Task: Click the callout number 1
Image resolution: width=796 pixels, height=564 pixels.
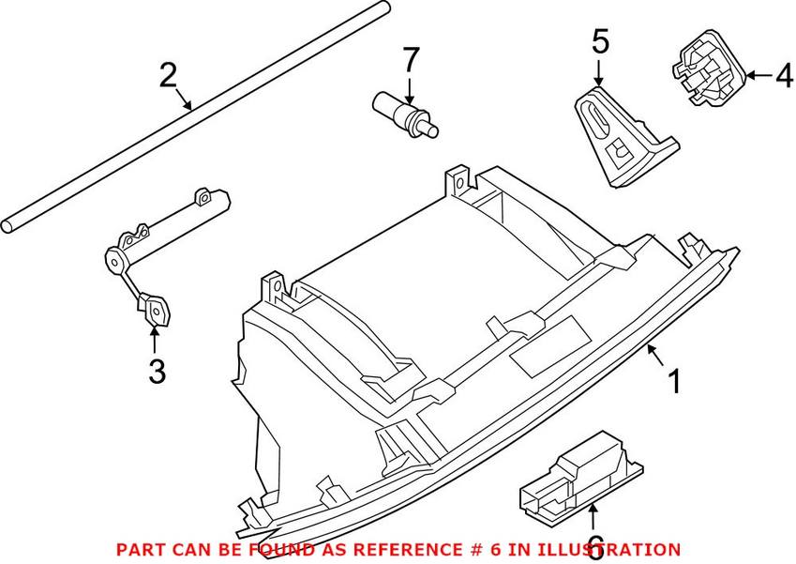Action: (672, 383)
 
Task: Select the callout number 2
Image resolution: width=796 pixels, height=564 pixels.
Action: (168, 74)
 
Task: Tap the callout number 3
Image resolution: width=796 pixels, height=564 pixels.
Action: (157, 372)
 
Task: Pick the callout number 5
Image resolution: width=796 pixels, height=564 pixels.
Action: (600, 41)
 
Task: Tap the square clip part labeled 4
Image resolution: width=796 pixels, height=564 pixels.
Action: (706, 72)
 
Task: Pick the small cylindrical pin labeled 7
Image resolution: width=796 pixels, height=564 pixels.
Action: (405, 114)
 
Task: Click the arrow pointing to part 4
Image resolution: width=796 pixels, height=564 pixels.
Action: (758, 72)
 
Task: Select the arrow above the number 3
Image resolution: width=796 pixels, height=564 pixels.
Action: (156, 339)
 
